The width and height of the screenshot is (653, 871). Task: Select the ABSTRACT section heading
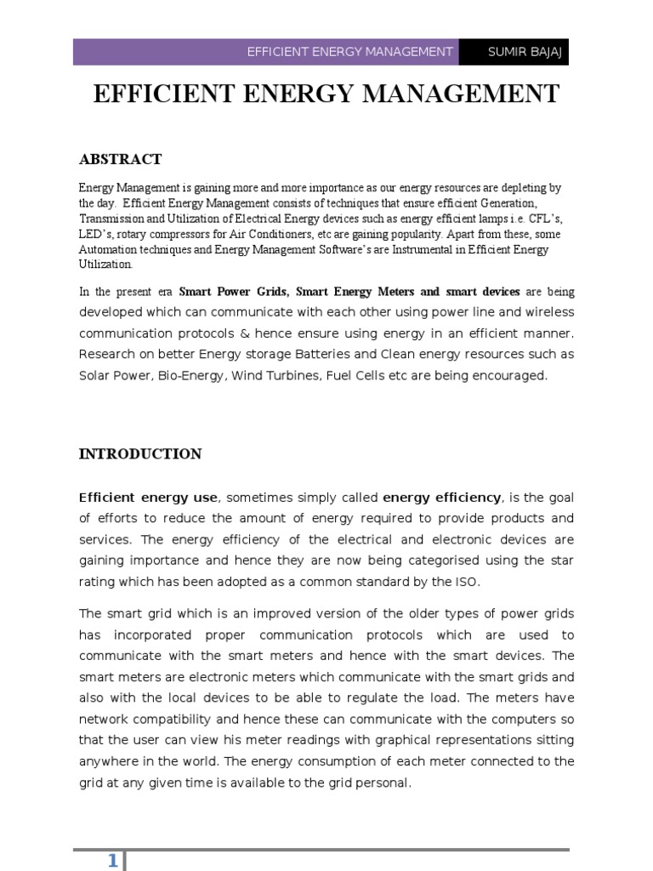(120, 159)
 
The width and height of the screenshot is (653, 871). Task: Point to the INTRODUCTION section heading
(140, 454)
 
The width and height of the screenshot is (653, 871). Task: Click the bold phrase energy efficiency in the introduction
(442, 498)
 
